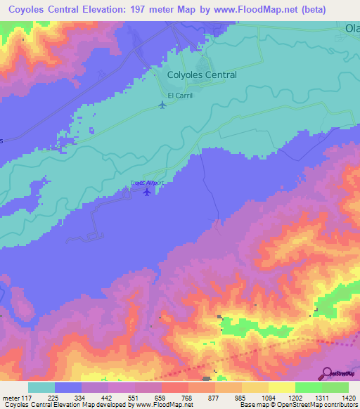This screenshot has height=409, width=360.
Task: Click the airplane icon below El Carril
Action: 163,105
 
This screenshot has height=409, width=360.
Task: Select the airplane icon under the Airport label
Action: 147,191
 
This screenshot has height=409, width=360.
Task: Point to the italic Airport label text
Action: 148,183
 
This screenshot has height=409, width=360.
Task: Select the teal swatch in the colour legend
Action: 41,387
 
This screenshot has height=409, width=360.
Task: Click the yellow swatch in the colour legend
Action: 281,387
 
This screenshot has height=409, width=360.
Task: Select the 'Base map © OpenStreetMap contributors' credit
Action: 298,405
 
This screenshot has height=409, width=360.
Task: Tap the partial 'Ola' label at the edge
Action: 352,29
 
